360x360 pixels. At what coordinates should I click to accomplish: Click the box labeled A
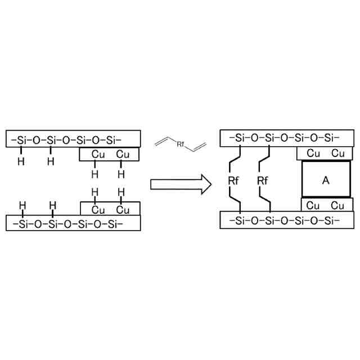[x=326, y=180]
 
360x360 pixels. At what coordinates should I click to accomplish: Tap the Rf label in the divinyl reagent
[x=181, y=145]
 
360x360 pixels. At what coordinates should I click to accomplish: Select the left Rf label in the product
[x=234, y=181]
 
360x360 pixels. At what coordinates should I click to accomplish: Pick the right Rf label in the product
[x=263, y=181]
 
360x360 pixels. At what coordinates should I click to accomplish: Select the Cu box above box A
[x=323, y=154]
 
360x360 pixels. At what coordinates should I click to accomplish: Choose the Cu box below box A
[x=323, y=205]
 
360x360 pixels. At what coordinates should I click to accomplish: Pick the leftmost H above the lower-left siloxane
[x=22, y=205]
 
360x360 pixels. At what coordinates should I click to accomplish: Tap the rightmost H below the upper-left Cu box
[x=121, y=173]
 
